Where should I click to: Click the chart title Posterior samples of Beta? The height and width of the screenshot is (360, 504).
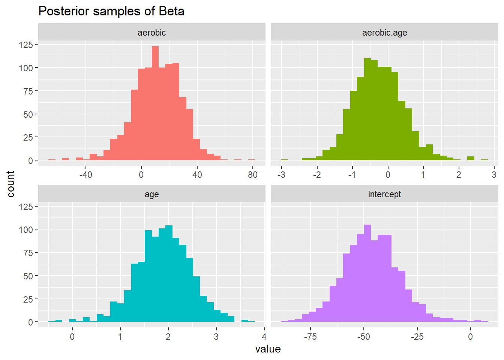click(111, 11)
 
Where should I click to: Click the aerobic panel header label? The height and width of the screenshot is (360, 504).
click(151, 33)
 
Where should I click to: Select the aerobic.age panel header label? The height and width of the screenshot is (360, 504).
click(384, 33)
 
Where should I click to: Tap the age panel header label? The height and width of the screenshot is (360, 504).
click(151, 194)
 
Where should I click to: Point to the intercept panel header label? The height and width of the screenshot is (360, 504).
click(384, 194)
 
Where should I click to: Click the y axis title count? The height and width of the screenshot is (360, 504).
click(10, 184)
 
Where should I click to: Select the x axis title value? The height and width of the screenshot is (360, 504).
click(268, 349)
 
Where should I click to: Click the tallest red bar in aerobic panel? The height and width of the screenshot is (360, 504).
click(155, 103)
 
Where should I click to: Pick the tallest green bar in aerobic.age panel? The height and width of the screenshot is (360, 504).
click(367, 109)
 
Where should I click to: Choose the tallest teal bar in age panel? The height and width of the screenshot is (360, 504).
click(169, 274)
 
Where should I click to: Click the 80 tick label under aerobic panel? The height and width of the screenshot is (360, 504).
click(253, 175)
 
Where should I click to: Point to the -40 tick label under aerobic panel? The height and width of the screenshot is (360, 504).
click(85, 175)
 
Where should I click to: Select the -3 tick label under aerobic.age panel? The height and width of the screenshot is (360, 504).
click(281, 175)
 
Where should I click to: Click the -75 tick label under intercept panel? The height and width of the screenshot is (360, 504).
click(310, 337)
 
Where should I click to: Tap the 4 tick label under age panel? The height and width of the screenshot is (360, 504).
click(264, 337)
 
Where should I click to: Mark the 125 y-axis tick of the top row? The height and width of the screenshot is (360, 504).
click(26, 45)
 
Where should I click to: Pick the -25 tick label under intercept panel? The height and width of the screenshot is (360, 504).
click(417, 337)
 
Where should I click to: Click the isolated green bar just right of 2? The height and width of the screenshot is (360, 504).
click(471, 158)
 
